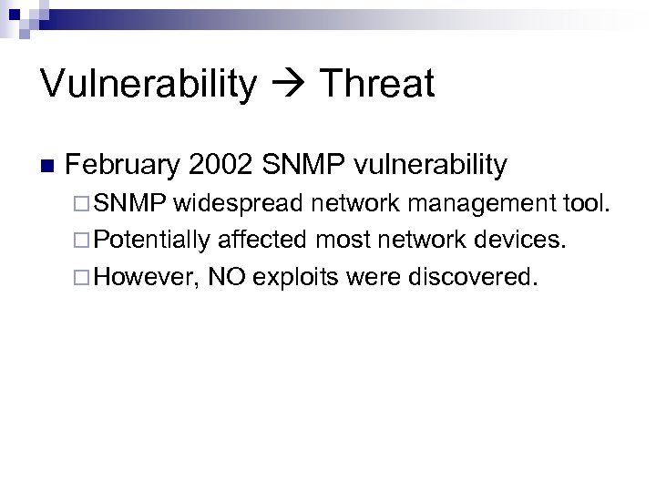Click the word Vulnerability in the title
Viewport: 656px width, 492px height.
(149, 85)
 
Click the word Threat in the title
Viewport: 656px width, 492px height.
(378, 85)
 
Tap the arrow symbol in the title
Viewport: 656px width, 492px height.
(290, 85)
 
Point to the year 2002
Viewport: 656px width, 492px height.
(220, 165)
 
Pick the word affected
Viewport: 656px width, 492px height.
(262, 240)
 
